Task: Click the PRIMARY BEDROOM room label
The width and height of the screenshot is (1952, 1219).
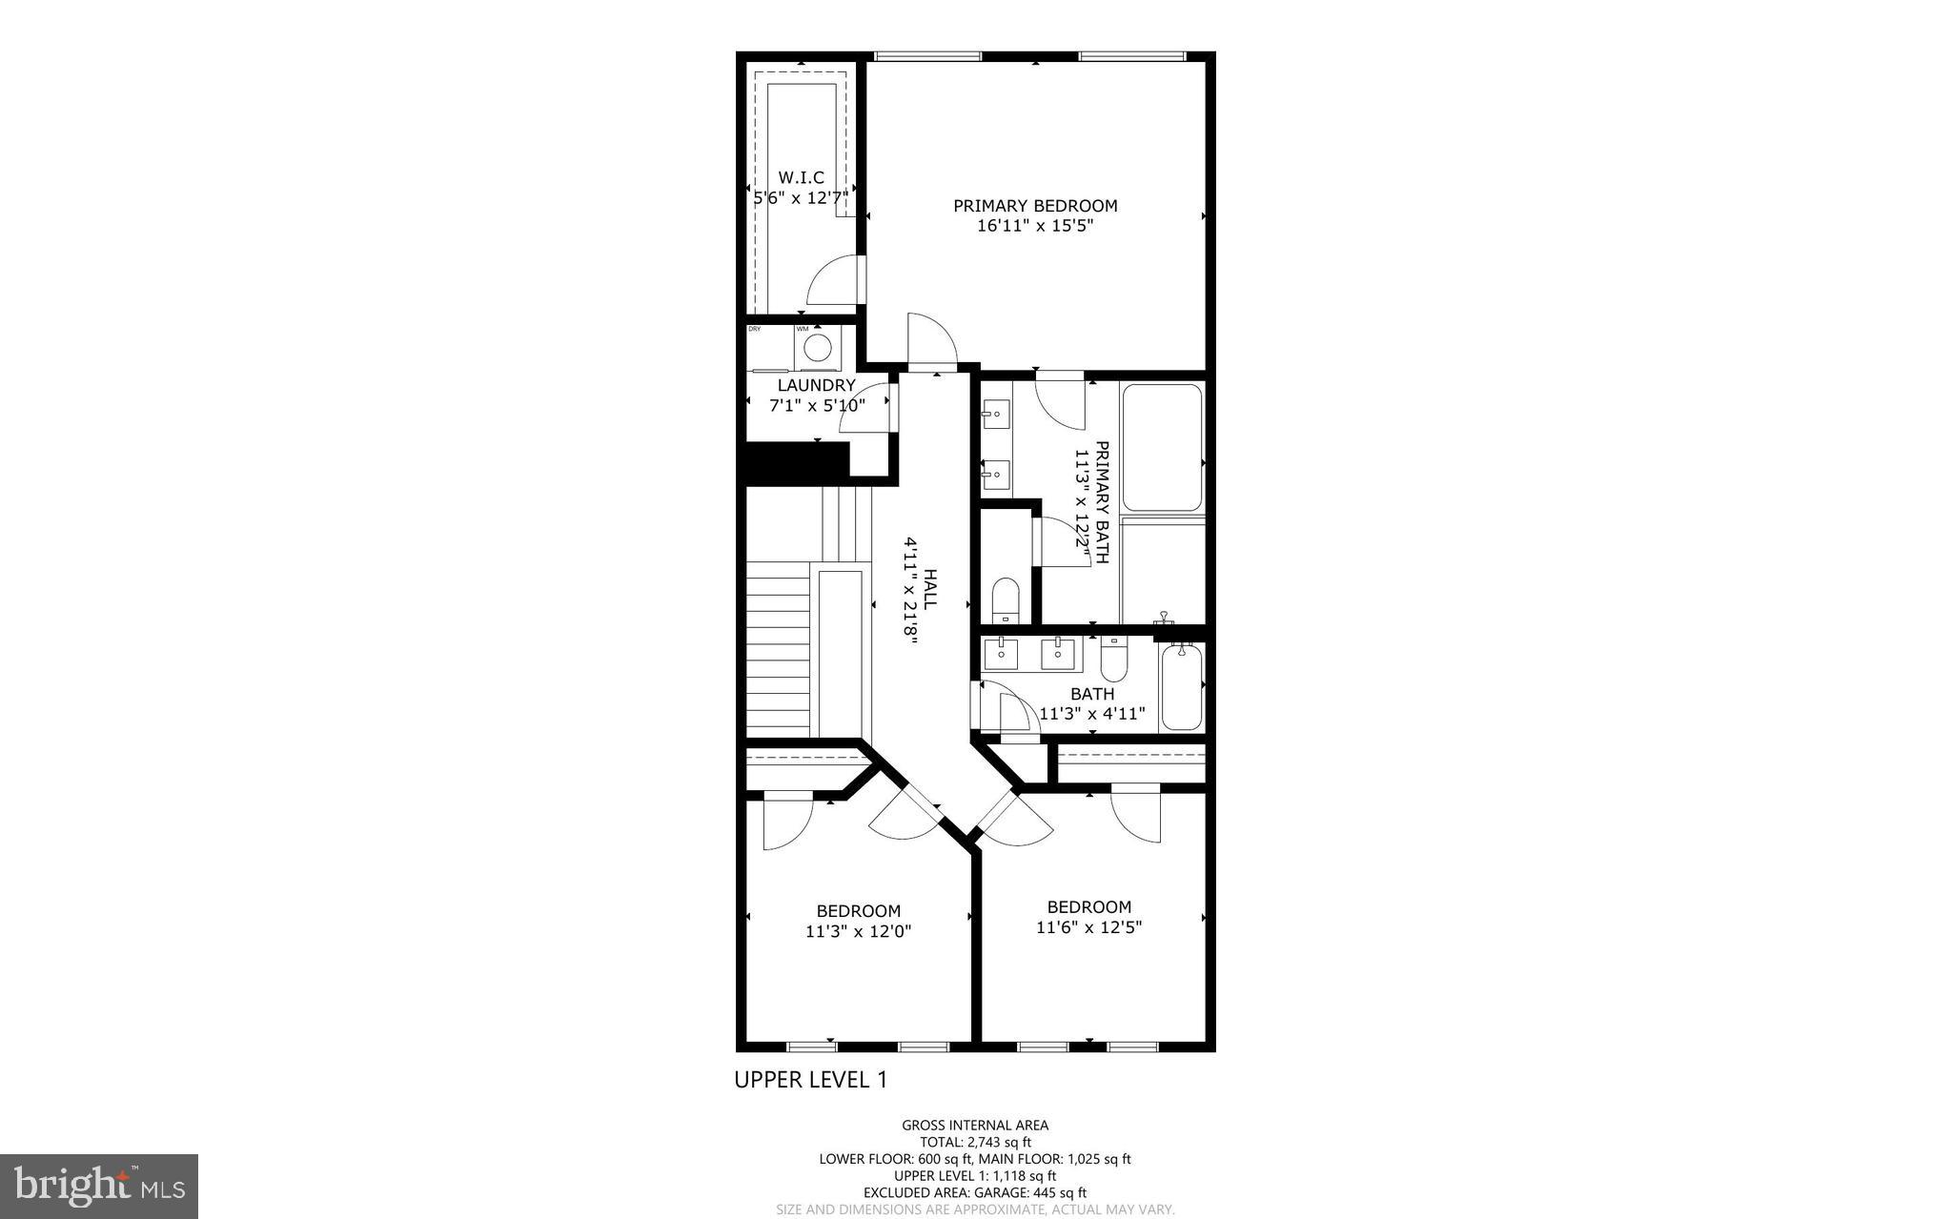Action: tap(1035, 205)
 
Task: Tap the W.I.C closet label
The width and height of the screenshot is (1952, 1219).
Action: tap(801, 177)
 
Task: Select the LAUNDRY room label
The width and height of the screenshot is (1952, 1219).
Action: tap(817, 385)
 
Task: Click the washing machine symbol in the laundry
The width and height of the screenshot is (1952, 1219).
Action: tap(817, 347)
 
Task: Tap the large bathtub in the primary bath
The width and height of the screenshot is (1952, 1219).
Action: tap(1162, 447)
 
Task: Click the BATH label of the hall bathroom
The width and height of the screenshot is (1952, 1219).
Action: tap(1092, 694)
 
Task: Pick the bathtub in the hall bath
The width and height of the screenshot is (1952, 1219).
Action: tap(1182, 686)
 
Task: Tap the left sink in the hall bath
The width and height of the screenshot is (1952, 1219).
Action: tap(1001, 654)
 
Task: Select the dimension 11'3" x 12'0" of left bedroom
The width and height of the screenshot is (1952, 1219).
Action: tap(858, 931)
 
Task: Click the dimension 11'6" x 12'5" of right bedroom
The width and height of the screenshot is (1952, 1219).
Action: tap(1088, 926)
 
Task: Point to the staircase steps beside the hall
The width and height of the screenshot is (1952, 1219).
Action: tap(777, 648)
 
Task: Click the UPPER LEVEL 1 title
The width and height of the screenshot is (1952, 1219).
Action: tap(810, 1079)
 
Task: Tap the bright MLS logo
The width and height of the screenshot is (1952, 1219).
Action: tap(99, 1186)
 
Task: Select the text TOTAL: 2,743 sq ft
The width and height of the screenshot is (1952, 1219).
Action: tap(975, 1142)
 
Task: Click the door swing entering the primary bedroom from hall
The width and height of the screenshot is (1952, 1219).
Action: tap(929, 341)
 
